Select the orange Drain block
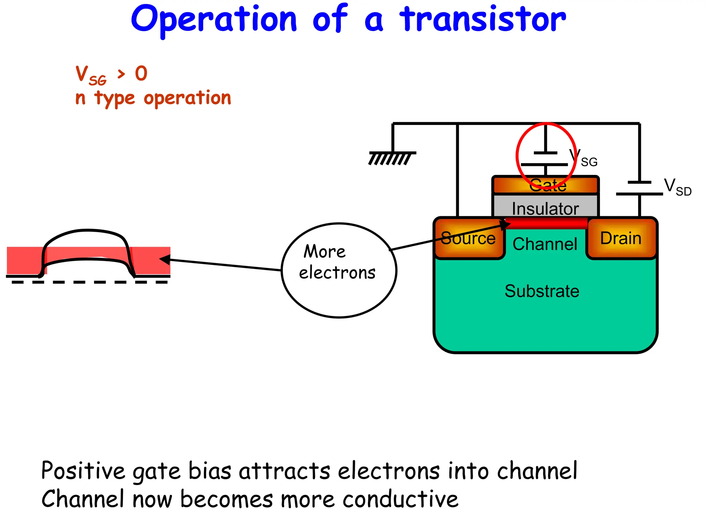pyautogui.click(x=621, y=238)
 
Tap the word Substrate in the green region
pyautogui.click(x=542, y=291)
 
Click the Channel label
pyautogui.click(x=545, y=244)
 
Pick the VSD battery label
pyautogui.click(x=677, y=187)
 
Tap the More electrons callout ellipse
pyautogui.click(x=339, y=270)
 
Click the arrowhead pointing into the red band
pyautogui.click(x=165, y=259)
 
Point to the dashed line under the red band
pyautogui.click(x=90, y=282)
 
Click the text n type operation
pyautogui.click(x=153, y=98)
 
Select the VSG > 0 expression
pyautogui.click(x=111, y=74)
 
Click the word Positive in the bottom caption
pyautogui.click(x=83, y=471)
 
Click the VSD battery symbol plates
pyautogui.click(x=639, y=188)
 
